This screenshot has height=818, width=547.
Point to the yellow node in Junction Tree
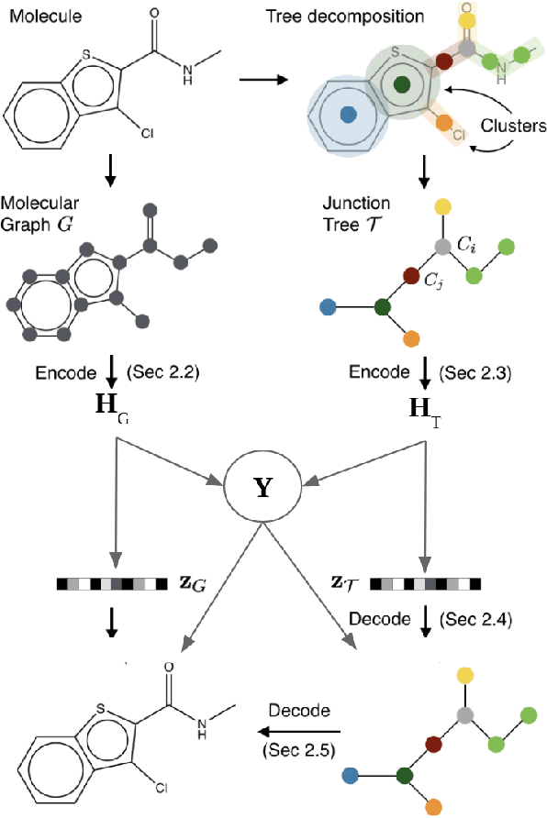[x=442, y=205]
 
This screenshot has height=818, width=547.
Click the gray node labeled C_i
[x=443, y=246]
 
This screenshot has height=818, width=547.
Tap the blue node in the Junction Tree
[x=324, y=306]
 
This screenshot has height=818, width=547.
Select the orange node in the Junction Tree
[x=411, y=338]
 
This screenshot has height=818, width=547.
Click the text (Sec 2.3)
[x=474, y=373]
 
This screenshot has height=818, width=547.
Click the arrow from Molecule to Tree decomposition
[x=265, y=81]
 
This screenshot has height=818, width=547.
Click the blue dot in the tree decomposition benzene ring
[x=347, y=115]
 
